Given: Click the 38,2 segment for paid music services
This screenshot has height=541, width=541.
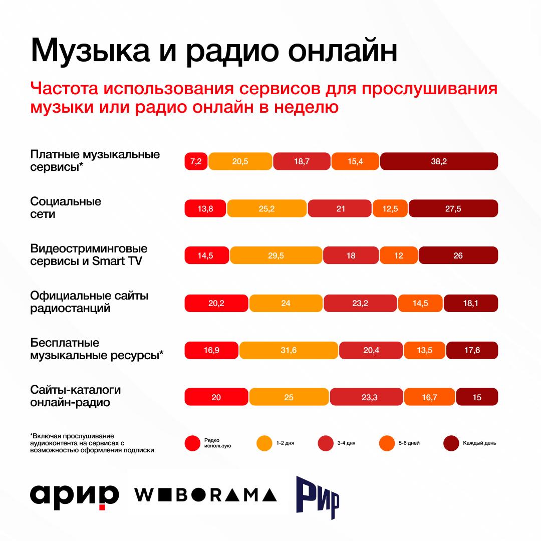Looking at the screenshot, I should (x=439, y=161).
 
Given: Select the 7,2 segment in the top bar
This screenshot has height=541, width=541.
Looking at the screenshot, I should (x=196, y=161).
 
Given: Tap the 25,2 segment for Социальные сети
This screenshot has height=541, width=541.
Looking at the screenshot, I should (x=266, y=208).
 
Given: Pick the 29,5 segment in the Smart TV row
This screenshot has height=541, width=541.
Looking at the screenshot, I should (x=276, y=255).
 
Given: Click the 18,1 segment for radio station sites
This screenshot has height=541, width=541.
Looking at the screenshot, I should (x=470, y=303).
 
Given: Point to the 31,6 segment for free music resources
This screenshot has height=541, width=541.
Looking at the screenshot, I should (x=289, y=350).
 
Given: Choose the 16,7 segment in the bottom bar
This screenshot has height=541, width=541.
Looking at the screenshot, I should (x=429, y=397).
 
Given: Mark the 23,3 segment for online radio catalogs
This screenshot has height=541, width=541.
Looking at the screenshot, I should (x=366, y=397).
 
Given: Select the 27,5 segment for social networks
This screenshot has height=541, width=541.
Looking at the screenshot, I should (x=453, y=208).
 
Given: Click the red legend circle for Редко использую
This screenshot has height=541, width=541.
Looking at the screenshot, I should (x=192, y=443).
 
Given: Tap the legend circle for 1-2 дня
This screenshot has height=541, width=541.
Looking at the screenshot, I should (x=264, y=443).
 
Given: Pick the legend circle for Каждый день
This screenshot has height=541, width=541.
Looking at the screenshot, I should (x=451, y=443).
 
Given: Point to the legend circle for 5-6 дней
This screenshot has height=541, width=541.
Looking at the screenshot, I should (x=387, y=443).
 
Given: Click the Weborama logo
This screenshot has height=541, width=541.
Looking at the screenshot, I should (x=205, y=494).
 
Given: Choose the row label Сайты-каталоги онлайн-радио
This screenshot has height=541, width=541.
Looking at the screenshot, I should (x=76, y=396).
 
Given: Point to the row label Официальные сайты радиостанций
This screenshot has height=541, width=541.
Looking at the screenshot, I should (x=89, y=302).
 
